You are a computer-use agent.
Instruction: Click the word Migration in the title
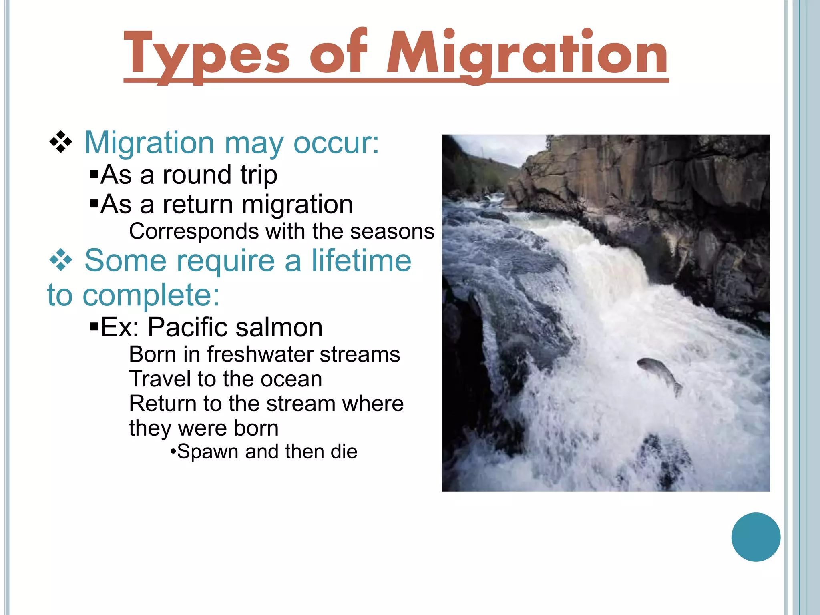point(527,54)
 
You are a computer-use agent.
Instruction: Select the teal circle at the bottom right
point(756,537)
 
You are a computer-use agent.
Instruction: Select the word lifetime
point(361,261)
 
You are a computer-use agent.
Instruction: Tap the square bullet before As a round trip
point(94,175)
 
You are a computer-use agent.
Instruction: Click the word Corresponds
point(194,231)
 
